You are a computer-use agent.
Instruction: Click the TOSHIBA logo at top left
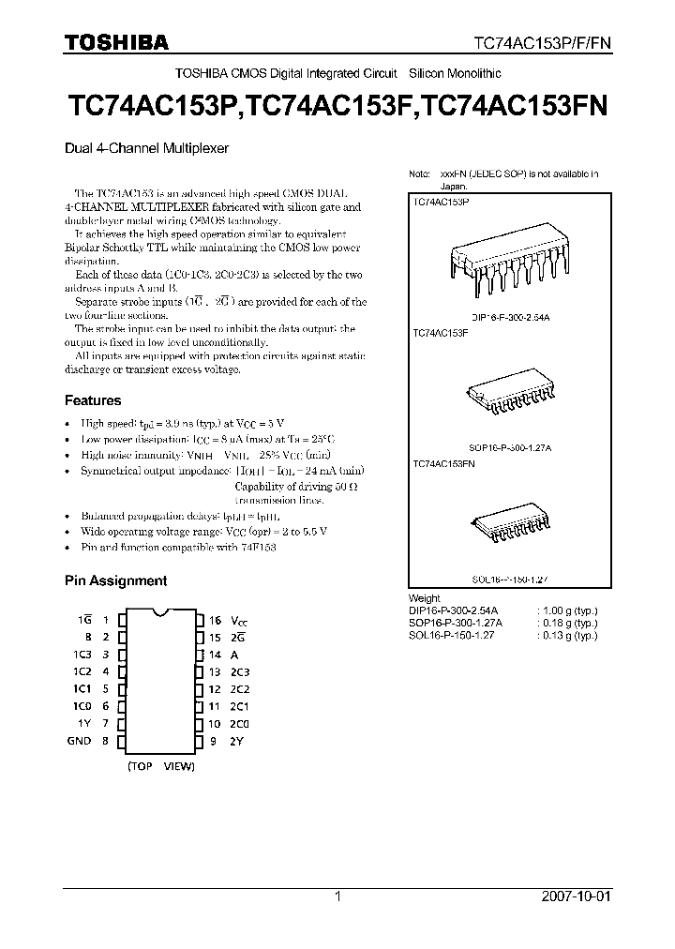115,42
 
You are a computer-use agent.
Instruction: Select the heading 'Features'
94,399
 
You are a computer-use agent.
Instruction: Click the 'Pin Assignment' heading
115,580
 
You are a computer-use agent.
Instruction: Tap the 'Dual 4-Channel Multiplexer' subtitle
145,147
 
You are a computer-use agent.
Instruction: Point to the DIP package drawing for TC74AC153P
511,265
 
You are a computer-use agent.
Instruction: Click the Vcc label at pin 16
242,621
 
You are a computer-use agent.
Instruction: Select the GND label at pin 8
80,740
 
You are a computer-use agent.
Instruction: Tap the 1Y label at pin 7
84,723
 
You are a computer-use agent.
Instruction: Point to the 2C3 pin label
241,671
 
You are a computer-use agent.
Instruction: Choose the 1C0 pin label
82,706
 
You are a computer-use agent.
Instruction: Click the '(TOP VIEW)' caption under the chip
160,766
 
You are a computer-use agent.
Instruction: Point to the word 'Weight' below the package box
425,598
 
